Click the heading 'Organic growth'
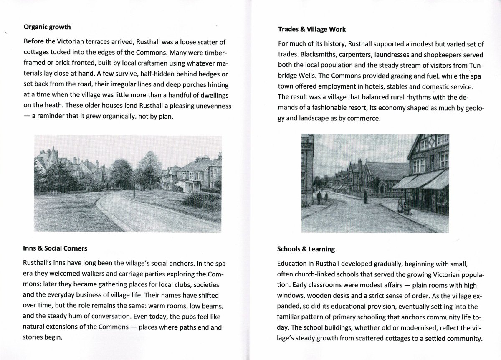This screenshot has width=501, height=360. point(47,27)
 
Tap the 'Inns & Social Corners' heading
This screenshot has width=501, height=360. point(55,248)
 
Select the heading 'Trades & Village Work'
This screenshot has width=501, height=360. point(311,29)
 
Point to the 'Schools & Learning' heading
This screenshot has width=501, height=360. point(306,249)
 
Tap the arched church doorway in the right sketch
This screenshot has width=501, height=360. point(381,185)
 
